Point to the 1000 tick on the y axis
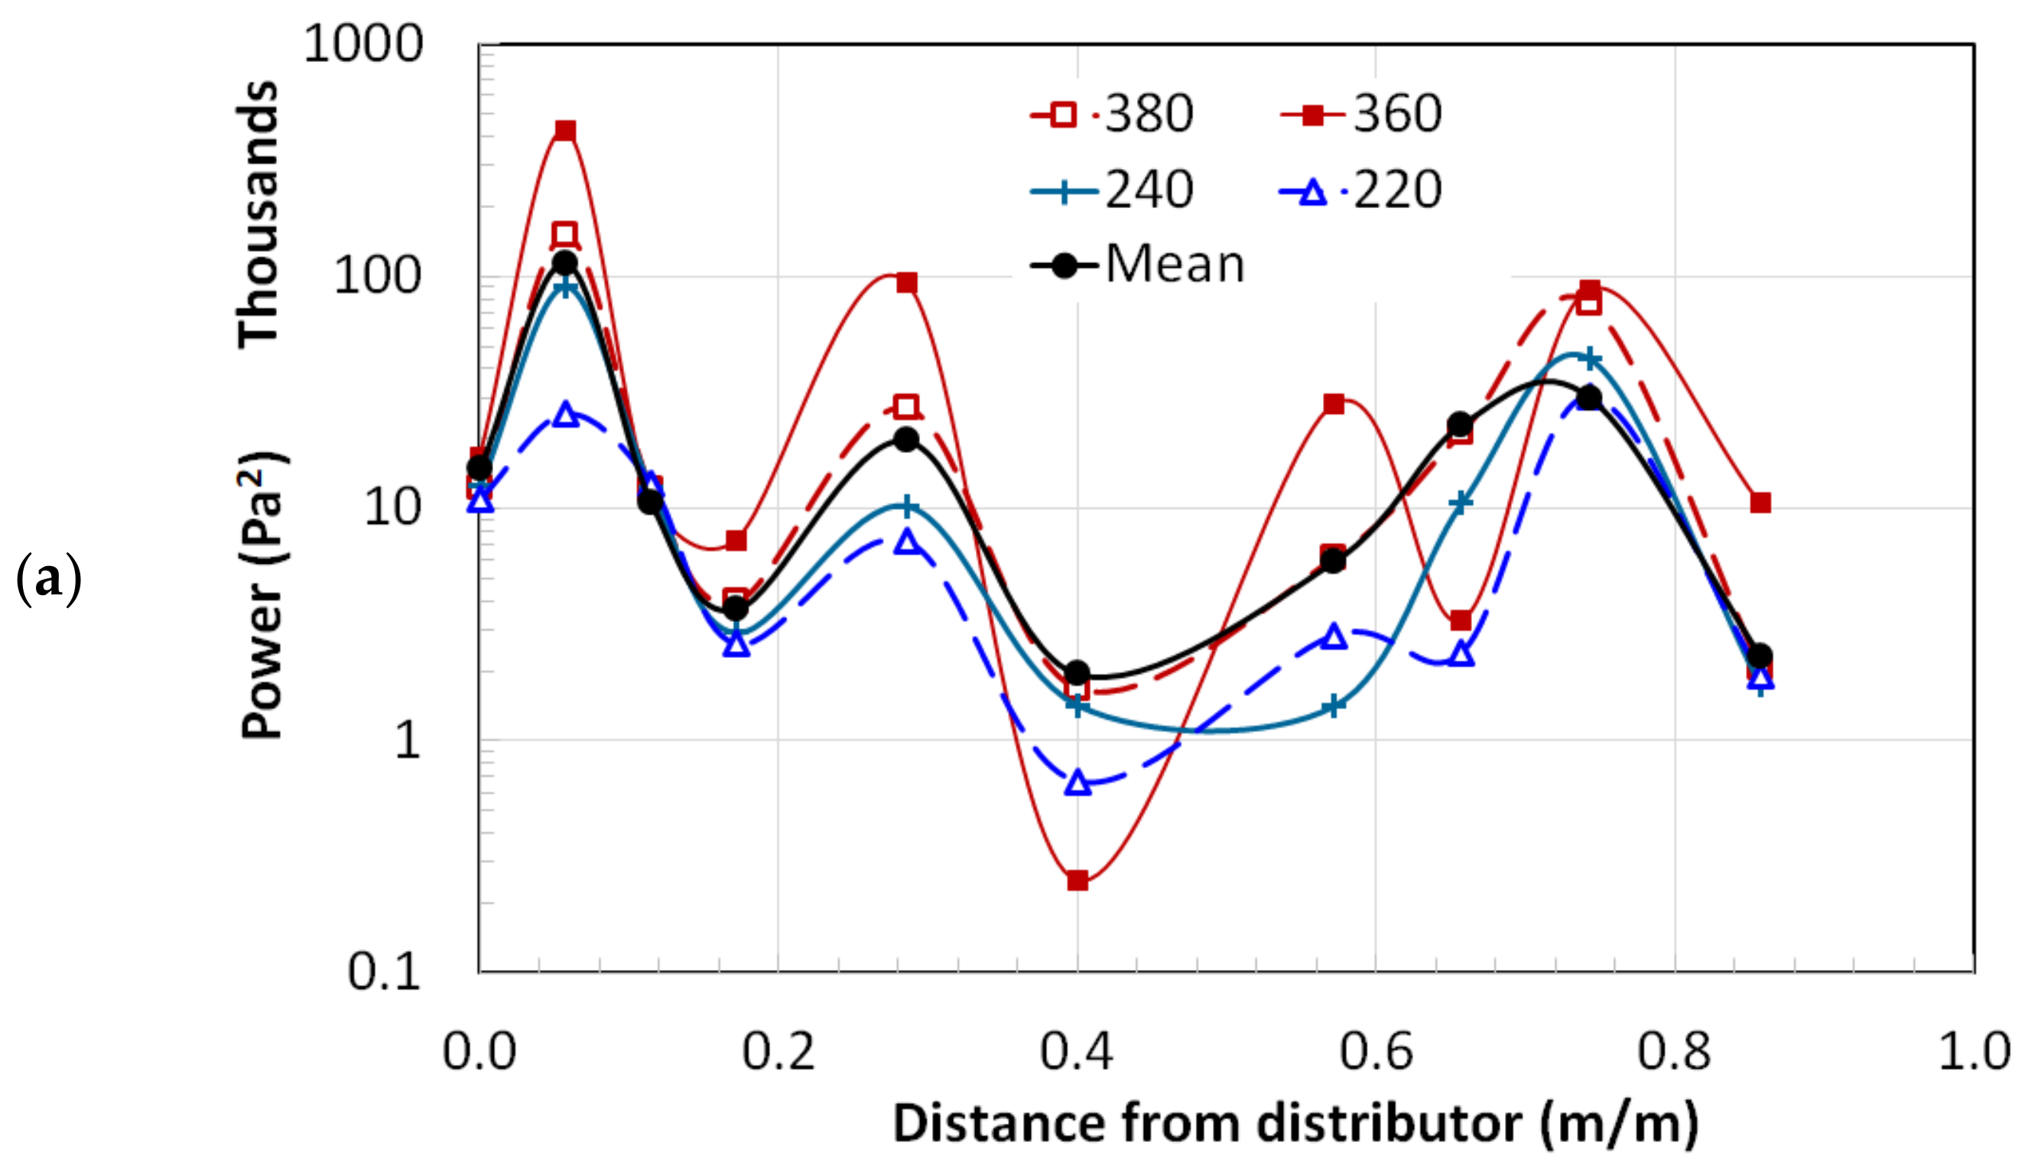click(x=362, y=44)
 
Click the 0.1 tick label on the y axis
click(x=384, y=972)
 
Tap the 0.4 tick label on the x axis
click(x=1076, y=1051)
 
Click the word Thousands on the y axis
click(x=258, y=213)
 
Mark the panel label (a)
click(x=48, y=579)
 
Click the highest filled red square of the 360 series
click(x=566, y=130)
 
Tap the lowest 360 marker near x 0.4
click(x=1077, y=880)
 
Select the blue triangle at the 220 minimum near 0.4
click(x=1077, y=783)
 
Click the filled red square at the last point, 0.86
click(x=1760, y=503)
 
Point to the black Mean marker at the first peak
click(x=565, y=262)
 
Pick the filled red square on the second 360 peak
click(x=907, y=282)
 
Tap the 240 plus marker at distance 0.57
click(x=1334, y=707)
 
